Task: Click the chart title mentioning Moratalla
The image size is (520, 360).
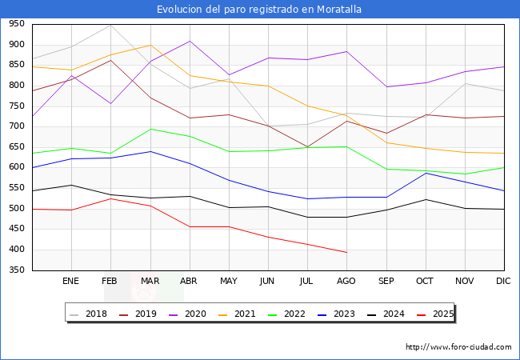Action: pos(260,10)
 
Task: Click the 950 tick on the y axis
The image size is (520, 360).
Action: pos(16,25)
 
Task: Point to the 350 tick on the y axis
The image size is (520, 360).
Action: pos(16,270)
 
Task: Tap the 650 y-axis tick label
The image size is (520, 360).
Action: pos(16,147)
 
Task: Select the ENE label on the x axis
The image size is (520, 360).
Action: pos(71,282)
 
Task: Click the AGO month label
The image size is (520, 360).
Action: pos(346,282)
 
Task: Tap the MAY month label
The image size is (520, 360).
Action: pos(229,282)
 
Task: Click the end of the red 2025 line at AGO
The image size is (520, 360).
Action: pos(346,253)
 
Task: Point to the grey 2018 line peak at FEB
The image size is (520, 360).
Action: pos(110,26)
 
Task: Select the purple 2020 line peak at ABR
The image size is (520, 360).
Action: pos(190,41)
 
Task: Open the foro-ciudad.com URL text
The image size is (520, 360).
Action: pos(458,347)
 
